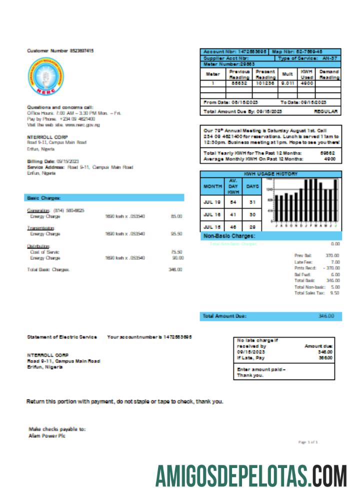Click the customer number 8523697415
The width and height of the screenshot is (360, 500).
(81, 51)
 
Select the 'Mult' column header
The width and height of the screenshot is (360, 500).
(287, 74)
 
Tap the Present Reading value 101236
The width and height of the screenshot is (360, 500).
(265, 83)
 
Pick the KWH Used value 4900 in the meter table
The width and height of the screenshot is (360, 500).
(306, 83)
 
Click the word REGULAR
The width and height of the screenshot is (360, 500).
(326, 111)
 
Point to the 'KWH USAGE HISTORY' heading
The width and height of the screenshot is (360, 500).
(270, 174)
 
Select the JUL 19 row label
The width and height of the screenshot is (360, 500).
(212, 202)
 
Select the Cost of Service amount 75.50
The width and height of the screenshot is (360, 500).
(176, 252)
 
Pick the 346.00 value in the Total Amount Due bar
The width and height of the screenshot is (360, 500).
(326, 316)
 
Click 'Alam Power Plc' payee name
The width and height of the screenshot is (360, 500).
(47, 435)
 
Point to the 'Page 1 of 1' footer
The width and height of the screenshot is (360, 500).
(308, 442)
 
